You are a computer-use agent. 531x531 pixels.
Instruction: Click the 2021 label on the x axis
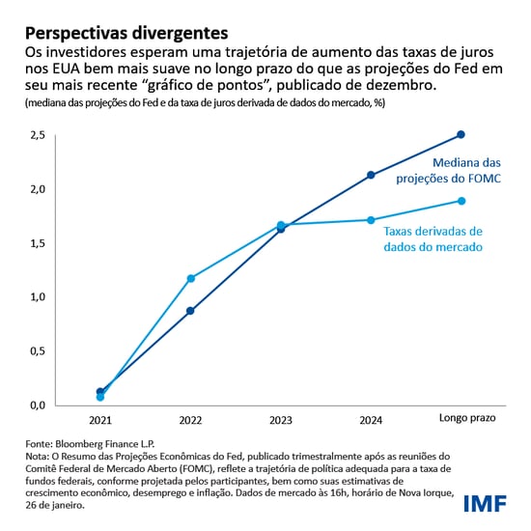pyautogui.click(x=100, y=421)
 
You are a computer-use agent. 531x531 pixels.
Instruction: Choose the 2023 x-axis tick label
pyautogui.click(x=281, y=421)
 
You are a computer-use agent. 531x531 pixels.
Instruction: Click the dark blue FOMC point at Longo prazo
pyautogui.click(x=461, y=134)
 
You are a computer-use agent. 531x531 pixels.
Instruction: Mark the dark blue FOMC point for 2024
pyautogui.click(x=372, y=175)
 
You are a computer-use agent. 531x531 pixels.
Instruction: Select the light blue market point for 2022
pyautogui.click(x=191, y=278)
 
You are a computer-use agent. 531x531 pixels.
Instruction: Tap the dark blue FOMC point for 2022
pyautogui.click(x=191, y=311)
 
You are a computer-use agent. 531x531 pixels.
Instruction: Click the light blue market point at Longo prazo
pyautogui.click(x=461, y=201)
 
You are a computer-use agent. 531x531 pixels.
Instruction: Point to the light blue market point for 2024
pyautogui.click(x=372, y=220)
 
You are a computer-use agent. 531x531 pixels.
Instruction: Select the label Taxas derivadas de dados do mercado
pyautogui.click(x=433, y=239)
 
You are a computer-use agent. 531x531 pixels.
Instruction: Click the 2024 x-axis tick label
pyautogui.click(x=372, y=421)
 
